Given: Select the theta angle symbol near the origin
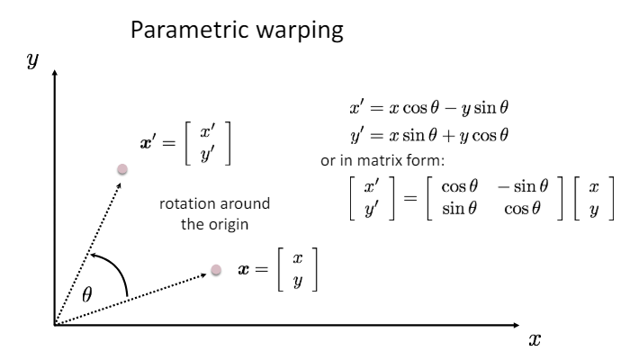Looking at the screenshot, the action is (x=86, y=293).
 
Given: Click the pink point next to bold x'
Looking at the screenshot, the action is (x=123, y=169).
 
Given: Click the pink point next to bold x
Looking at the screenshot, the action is (x=216, y=269).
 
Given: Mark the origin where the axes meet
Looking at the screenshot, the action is (x=55, y=323).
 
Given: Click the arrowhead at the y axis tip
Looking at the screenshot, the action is (x=55, y=72).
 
